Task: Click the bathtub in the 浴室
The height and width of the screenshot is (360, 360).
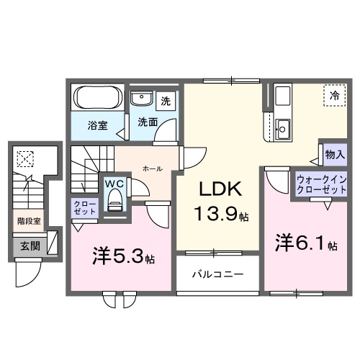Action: click(98, 98)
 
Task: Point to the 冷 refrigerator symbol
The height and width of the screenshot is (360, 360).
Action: click(334, 95)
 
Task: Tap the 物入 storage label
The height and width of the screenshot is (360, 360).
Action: click(335, 154)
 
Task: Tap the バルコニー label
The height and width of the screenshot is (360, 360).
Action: click(217, 275)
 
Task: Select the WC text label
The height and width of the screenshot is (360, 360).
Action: click(115, 183)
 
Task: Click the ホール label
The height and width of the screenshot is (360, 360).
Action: click(152, 168)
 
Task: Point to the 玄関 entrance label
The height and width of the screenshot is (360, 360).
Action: click(29, 247)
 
